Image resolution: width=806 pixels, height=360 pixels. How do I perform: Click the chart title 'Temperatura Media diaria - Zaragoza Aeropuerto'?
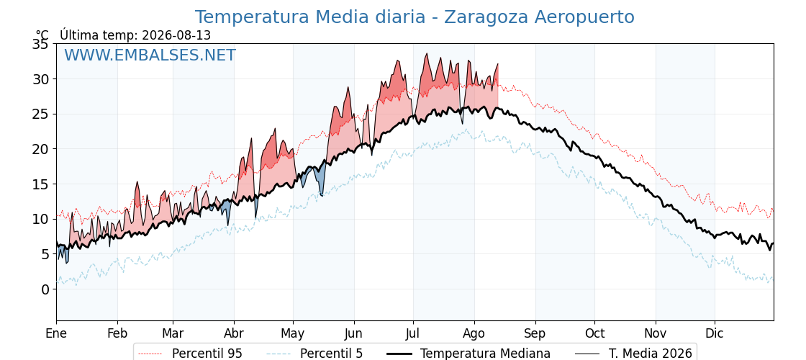[x=415, y=17]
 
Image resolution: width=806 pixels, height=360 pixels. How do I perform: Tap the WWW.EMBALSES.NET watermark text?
[x=150, y=55]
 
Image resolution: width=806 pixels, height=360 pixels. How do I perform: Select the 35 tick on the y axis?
[x=41, y=44]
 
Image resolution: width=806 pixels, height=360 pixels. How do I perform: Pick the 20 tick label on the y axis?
[x=41, y=149]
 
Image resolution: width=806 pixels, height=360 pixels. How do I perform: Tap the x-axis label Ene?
[x=56, y=333]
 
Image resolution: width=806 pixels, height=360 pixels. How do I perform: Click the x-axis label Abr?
[x=234, y=333]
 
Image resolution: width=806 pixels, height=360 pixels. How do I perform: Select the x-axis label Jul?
[x=413, y=333]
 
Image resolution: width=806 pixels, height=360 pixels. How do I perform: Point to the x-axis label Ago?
[x=474, y=334]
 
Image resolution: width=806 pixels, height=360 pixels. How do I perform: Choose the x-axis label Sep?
[x=535, y=334]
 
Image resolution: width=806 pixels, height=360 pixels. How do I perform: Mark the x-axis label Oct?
[x=594, y=333]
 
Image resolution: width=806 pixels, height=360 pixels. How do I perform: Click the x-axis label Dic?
[x=715, y=333]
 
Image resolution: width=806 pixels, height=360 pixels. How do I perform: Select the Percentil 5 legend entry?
[x=315, y=354]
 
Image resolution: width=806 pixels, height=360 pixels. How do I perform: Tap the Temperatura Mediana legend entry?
[x=468, y=354]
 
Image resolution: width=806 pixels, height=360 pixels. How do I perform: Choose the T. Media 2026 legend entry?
[x=634, y=354]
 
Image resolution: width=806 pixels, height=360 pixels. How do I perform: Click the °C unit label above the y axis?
[x=42, y=35]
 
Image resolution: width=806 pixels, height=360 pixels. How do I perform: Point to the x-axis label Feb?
[x=117, y=333]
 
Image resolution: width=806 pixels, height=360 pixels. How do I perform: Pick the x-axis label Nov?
[x=656, y=333]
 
